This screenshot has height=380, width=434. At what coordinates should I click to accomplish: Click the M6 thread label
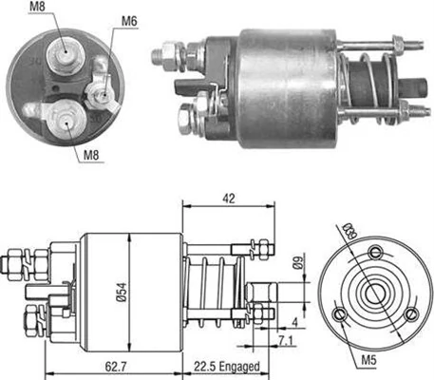[x=129, y=20]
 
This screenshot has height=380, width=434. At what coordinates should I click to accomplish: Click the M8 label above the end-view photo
[x=36, y=9]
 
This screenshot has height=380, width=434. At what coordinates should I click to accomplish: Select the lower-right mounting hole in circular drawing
[x=410, y=316]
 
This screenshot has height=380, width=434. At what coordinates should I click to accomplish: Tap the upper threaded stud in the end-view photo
[x=65, y=57]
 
